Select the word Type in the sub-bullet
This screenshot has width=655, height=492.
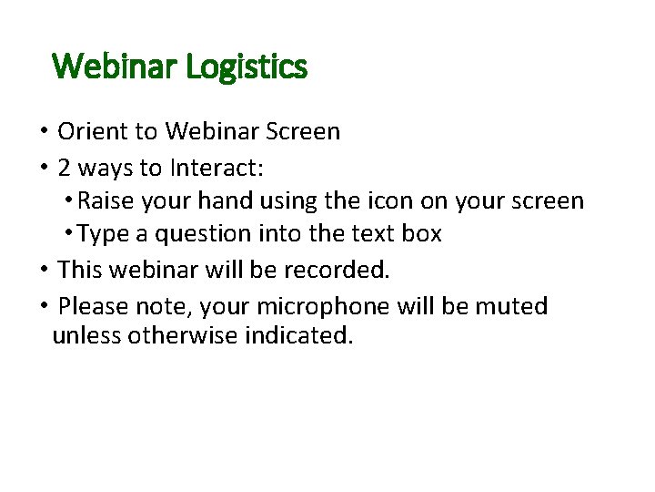[104, 234]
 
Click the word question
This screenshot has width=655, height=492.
[203, 234]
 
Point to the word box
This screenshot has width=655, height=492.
[422, 234]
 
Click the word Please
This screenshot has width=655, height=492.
[95, 306]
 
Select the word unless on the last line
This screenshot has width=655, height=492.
[87, 335]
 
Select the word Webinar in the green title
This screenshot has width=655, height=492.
[116, 67]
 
